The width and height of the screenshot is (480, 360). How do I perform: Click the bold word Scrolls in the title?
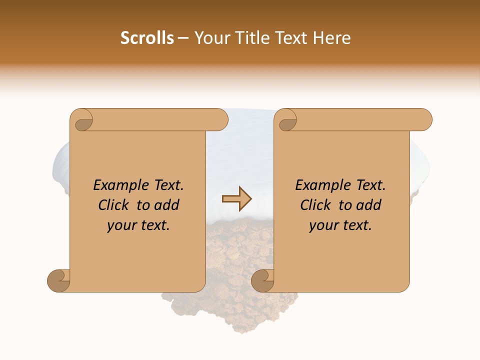147,38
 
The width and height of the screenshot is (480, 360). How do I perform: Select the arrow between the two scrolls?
237,199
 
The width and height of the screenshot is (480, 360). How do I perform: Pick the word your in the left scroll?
120,225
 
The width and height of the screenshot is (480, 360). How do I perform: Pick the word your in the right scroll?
322,225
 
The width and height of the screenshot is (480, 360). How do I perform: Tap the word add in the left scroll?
166,205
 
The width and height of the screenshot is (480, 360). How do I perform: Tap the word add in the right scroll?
369,205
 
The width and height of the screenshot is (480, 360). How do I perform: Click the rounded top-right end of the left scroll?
220,120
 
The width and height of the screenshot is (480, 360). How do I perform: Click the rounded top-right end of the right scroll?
424,120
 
